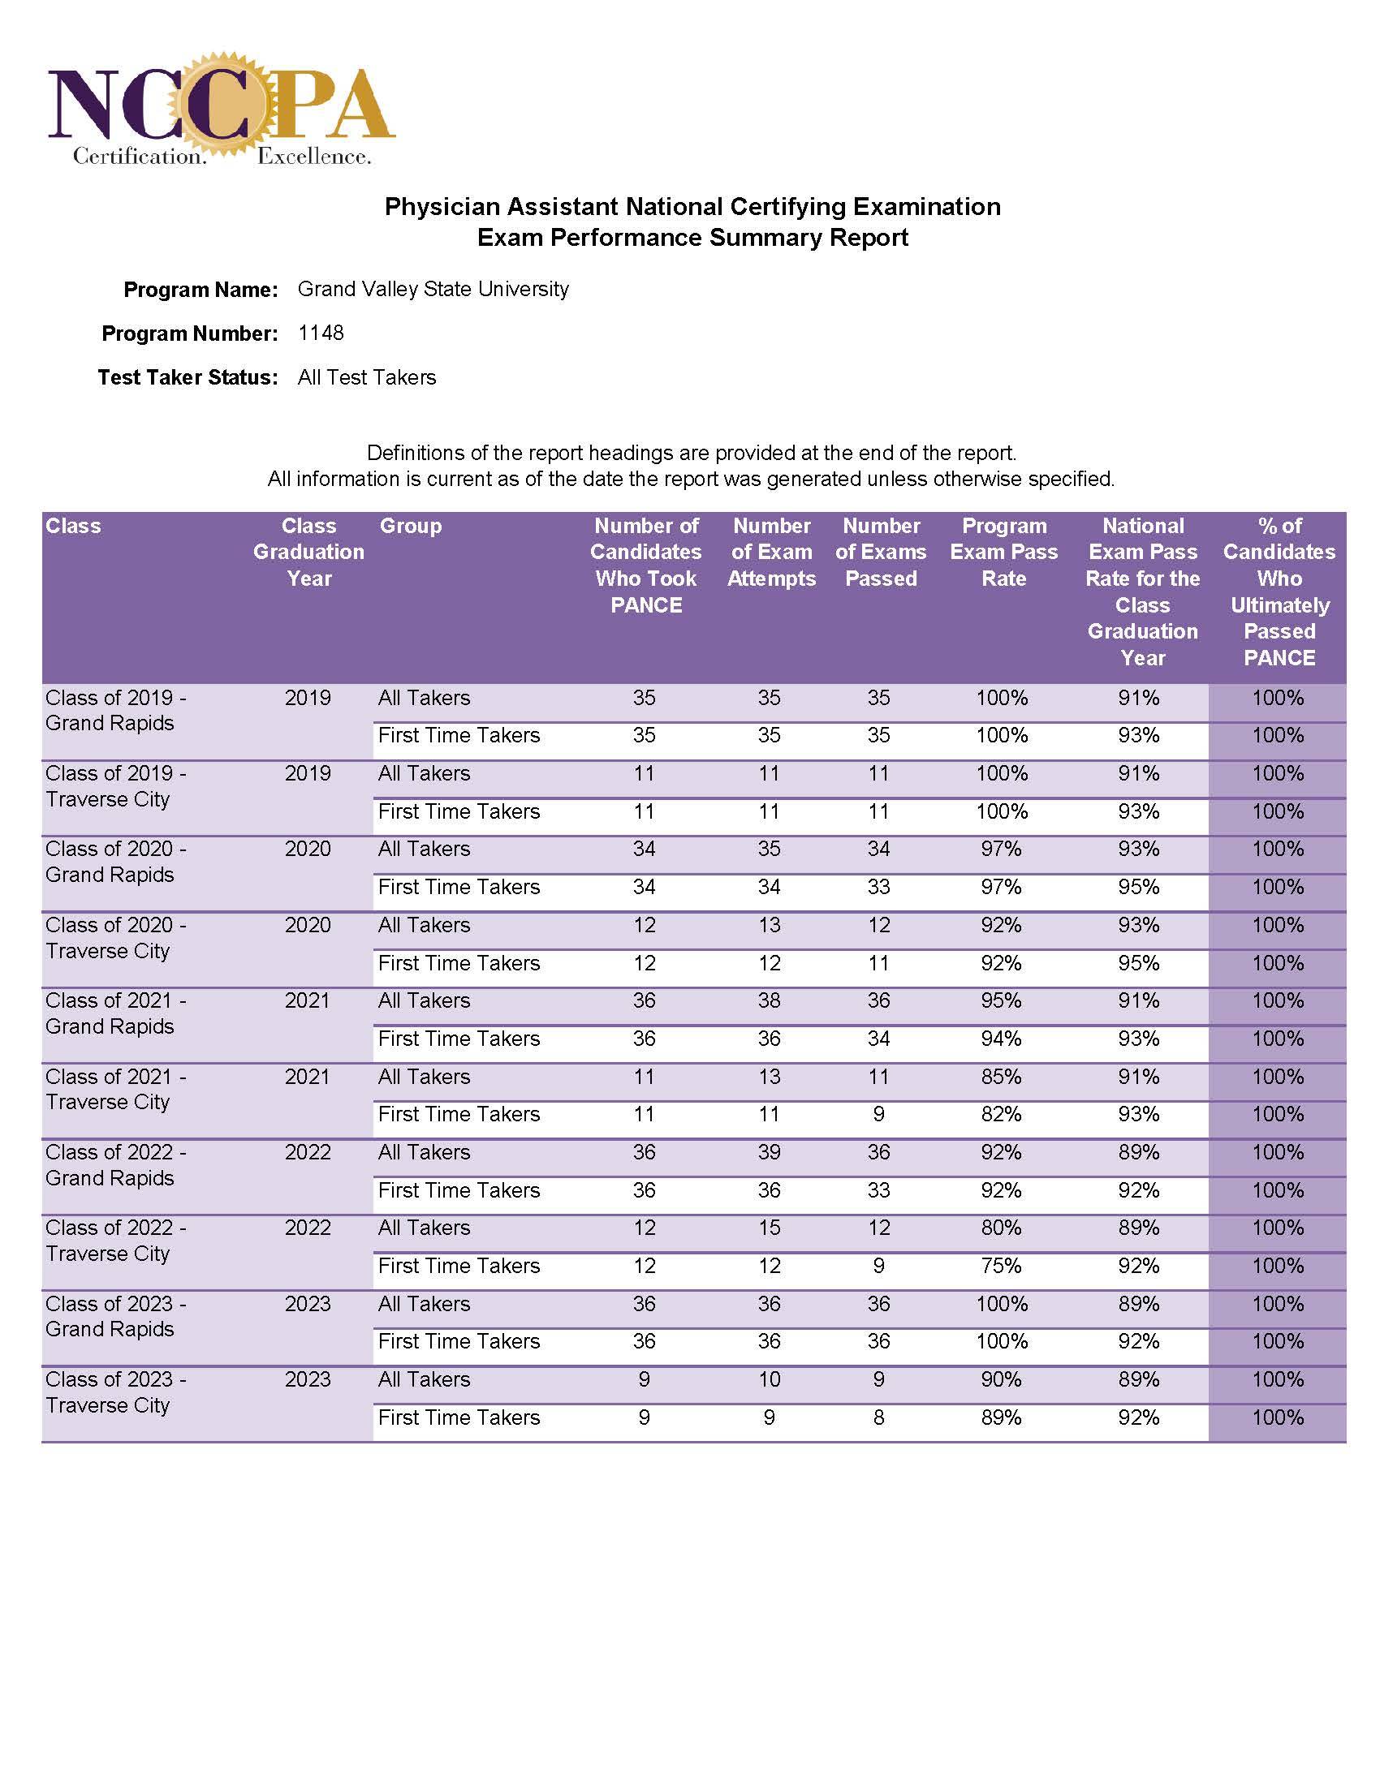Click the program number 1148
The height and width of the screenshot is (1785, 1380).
(x=321, y=333)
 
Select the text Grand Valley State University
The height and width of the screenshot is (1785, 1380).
(x=433, y=289)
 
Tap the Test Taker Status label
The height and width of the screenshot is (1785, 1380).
(x=188, y=376)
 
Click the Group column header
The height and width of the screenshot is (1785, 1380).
(x=411, y=526)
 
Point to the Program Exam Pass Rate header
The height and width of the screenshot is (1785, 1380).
(x=1003, y=552)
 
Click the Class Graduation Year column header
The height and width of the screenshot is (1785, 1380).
(x=308, y=552)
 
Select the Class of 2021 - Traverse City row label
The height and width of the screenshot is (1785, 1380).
(x=115, y=1089)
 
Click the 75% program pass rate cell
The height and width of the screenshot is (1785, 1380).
(x=1001, y=1265)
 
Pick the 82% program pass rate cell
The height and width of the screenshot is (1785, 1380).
(x=1001, y=1113)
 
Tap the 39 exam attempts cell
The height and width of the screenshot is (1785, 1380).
(x=769, y=1151)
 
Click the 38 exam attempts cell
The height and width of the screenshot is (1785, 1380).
(x=769, y=1000)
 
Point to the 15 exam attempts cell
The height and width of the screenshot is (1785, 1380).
(x=769, y=1228)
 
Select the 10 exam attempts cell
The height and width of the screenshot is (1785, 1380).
(x=769, y=1379)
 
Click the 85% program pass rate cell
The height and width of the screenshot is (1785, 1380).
(x=1001, y=1077)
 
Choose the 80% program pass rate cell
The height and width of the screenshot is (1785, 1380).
(x=1001, y=1228)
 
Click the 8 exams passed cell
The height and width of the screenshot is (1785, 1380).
(x=878, y=1417)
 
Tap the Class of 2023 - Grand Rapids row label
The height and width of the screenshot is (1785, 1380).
(x=115, y=1316)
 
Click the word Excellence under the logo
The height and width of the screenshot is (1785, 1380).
(x=313, y=156)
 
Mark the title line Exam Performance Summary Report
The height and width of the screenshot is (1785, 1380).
(x=692, y=238)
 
